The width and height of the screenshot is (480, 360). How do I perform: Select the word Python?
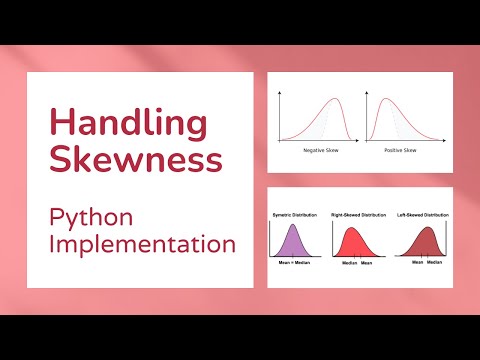95,215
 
